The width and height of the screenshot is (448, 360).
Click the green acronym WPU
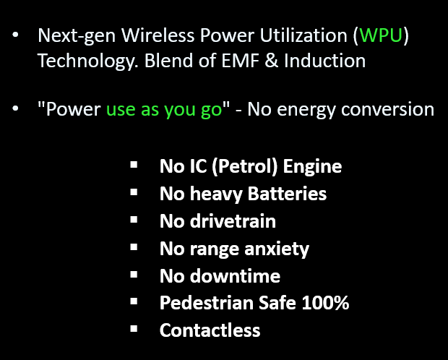(381, 35)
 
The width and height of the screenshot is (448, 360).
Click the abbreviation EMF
(240, 61)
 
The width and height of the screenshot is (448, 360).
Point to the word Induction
(325, 61)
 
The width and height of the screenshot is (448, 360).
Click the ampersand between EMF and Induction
(272, 61)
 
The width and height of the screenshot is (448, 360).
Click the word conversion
(388, 109)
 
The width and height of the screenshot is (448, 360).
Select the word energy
(306, 111)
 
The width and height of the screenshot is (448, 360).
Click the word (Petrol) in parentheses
(244, 166)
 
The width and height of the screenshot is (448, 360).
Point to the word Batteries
(287, 194)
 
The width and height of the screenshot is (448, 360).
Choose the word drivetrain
(233, 221)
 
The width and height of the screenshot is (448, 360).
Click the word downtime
(235, 276)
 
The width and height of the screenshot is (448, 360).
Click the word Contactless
(210, 330)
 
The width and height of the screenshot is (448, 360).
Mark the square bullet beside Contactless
(134, 328)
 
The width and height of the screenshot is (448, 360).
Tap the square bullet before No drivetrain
(134, 220)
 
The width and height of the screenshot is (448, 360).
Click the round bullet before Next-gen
(15, 35)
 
